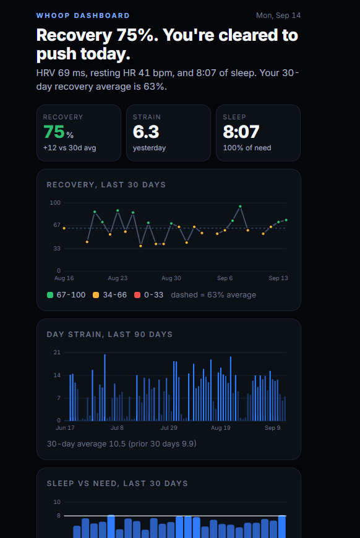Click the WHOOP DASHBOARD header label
[x=83, y=15]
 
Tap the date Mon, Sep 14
[x=278, y=15]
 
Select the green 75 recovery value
[x=54, y=132]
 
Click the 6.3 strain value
[x=146, y=132]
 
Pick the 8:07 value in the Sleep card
[x=241, y=132]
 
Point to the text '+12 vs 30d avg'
[x=70, y=148]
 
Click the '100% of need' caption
[x=247, y=148]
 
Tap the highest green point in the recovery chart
[x=240, y=207]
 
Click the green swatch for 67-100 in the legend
[x=50, y=295]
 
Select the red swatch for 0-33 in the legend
[x=137, y=295]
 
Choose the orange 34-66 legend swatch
[x=96, y=295]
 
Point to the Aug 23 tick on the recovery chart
[x=118, y=278]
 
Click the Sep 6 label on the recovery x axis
[x=225, y=278]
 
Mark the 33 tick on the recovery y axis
[x=57, y=249]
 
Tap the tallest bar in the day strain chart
[x=105, y=388]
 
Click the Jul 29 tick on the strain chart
[x=169, y=428]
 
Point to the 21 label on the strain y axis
[x=57, y=352]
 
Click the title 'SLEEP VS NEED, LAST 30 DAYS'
[x=118, y=484]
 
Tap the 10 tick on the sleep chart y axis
[x=57, y=502]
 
